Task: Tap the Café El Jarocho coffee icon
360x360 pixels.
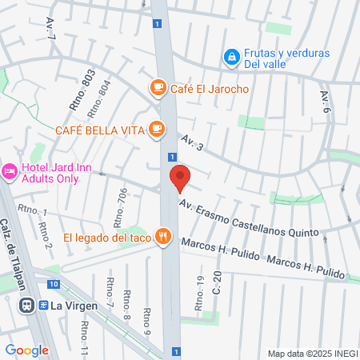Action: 158,86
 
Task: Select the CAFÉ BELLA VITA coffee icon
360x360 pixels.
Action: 158,129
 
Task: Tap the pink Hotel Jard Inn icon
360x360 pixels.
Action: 10,171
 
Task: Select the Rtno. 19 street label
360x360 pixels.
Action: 200,284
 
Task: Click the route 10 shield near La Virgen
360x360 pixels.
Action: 53,284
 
